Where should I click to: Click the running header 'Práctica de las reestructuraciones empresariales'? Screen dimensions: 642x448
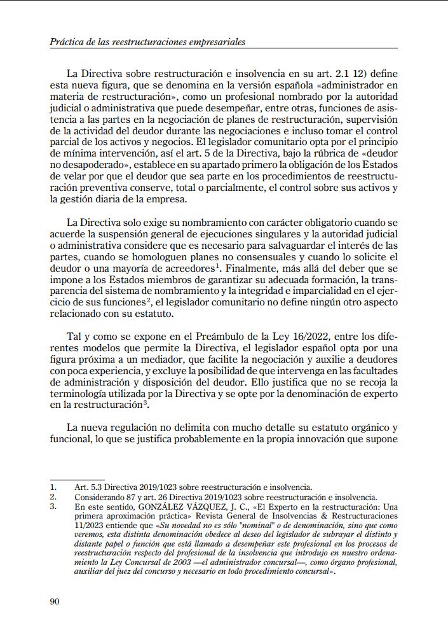tap(147, 42)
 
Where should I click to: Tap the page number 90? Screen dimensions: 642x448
tap(54, 601)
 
